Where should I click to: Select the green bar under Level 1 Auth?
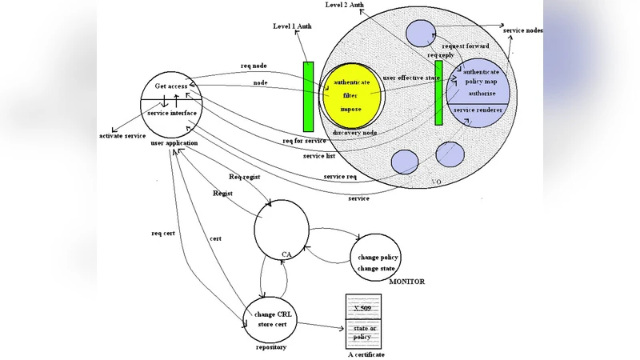tap(309, 96)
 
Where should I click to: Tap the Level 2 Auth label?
tap(346, 5)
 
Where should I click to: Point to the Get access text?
tap(171, 86)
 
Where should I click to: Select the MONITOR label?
tap(406, 282)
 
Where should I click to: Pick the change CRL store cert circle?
tap(273, 319)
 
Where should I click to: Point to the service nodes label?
tap(523, 30)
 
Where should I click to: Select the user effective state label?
tap(411, 78)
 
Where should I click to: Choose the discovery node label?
tap(354, 133)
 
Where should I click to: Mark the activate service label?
tap(122, 136)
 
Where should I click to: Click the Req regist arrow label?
tap(245, 177)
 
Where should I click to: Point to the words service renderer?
tap(478, 109)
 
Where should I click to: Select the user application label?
tap(174, 142)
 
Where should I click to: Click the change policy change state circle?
tap(378, 262)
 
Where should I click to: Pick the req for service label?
tap(305, 141)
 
